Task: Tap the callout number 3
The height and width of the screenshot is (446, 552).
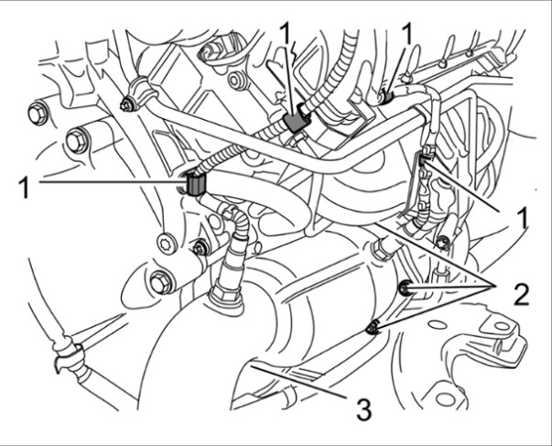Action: coord(364,408)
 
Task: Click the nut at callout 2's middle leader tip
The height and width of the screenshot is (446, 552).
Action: coord(404,290)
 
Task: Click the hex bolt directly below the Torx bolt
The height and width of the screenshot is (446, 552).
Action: coord(163,283)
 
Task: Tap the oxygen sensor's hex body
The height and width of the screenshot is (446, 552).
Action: coord(221,296)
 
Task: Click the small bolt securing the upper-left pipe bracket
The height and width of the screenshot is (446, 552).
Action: coord(125,101)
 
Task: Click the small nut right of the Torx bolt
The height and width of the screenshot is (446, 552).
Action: coord(198,248)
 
